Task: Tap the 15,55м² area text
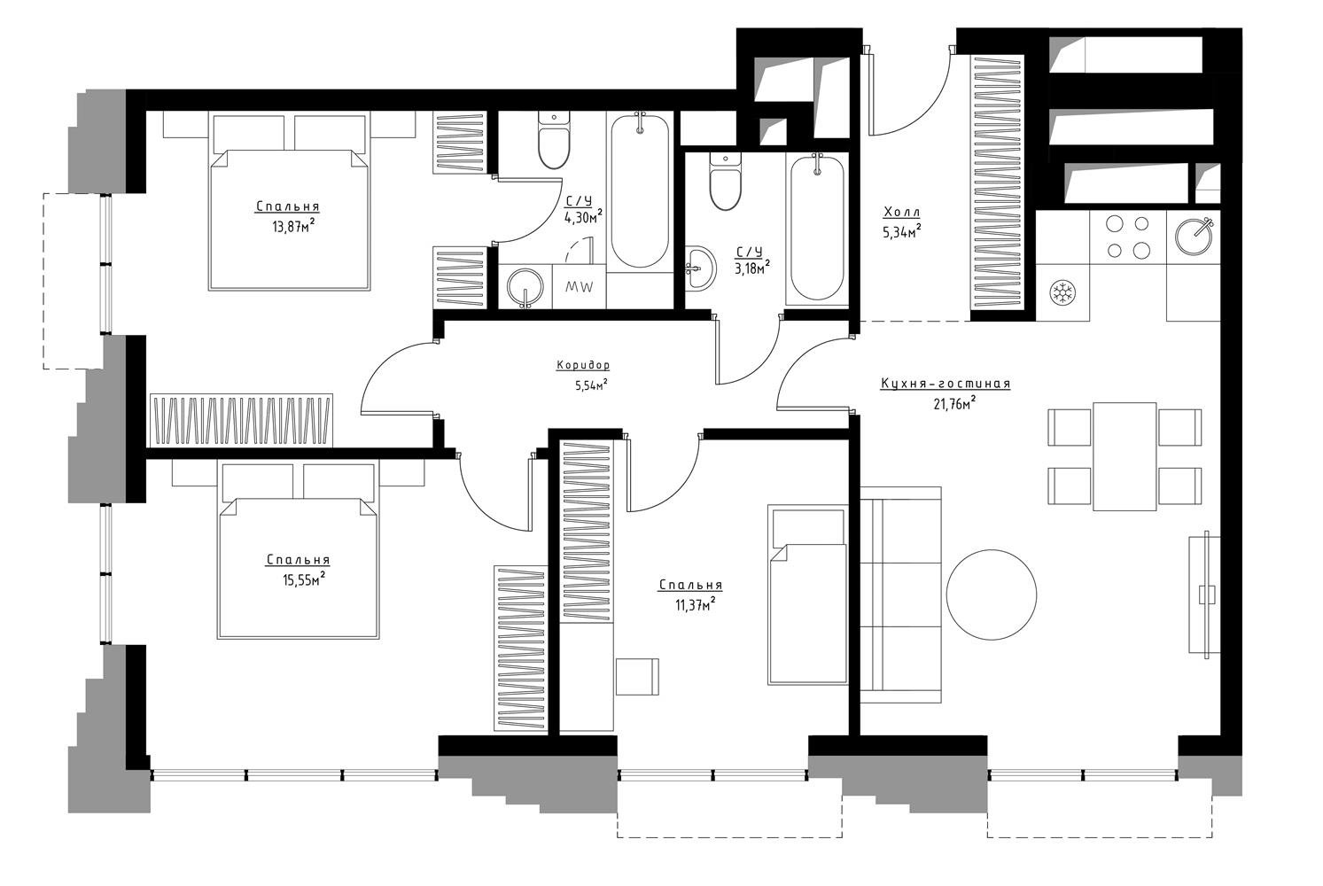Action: [304, 579]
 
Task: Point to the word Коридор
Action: [583, 366]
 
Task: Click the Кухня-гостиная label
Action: [946, 384]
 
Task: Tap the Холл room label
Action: [902, 212]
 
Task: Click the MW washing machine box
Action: [580, 286]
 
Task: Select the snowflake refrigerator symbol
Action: [1063, 293]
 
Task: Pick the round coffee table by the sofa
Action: [992, 595]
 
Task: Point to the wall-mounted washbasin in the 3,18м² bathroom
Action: [700, 268]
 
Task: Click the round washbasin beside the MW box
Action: [525, 288]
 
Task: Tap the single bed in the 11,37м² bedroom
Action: [807, 595]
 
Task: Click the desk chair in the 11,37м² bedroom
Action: [637, 677]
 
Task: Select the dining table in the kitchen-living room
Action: [1125, 456]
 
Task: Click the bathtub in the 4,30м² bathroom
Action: [641, 191]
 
